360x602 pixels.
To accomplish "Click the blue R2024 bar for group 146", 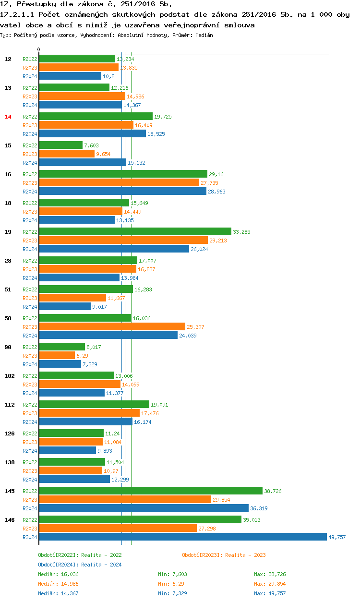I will click(x=182, y=537).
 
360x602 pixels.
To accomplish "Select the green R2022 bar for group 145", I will click(x=150, y=491).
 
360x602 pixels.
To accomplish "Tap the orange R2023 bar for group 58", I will click(x=112, y=326).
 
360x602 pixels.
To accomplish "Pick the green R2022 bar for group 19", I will click(x=135, y=231).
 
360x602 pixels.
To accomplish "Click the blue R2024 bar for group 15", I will click(x=82, y=162).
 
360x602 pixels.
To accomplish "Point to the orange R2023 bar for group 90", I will click(x=57, y=355).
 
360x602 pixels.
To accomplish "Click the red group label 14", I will click(x=8, y=117).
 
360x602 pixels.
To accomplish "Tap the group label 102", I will click(x=9, y=376).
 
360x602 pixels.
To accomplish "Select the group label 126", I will click(x=9, y=433).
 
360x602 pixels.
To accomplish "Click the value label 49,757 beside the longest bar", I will click(x=337, y=537).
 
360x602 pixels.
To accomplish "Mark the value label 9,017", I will click(x=100, y=307).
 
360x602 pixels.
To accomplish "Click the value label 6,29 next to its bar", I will click(x=82, y=356).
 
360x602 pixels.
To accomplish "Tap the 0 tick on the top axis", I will click(x=39, y=49).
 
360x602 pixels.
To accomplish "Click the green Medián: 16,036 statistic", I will click(x=58, y=574).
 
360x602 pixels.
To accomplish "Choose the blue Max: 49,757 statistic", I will click(x=270, y=593).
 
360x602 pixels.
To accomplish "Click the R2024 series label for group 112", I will click(x=30, y=422).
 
